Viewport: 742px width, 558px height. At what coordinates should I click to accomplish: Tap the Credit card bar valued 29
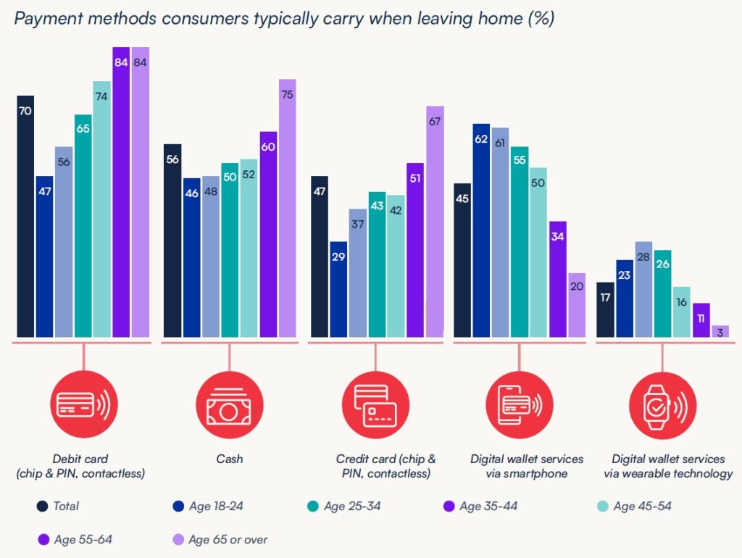(x=338, y=289)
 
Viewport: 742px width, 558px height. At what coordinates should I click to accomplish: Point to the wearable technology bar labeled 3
(x=721, y=331)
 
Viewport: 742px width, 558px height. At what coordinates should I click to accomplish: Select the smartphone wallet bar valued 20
(x=576, y=305)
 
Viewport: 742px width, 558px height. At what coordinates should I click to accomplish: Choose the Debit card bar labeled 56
(x=64, y=242)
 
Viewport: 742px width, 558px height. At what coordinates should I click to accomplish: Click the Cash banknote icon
(x=228, y=407)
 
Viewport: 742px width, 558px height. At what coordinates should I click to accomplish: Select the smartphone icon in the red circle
(x=517, y=407)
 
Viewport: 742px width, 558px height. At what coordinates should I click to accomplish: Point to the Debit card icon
(x=83, y=407)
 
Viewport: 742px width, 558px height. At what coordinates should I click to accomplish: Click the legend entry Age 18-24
(x=208, y=506)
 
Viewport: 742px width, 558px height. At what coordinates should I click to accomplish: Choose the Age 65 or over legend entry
(x=220, y=539)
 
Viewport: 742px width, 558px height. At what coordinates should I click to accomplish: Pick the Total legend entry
(x=58, y=506)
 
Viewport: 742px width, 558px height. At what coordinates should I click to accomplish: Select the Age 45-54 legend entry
(x=634, y=506)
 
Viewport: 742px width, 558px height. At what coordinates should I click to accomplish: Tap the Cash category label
(x=229, y=459)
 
